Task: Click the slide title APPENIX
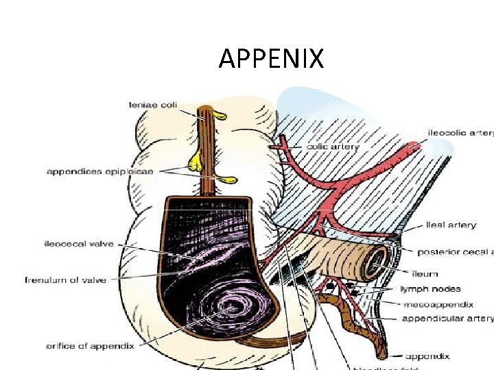point(271,59)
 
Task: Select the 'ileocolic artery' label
point(460,132)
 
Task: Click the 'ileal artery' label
point(451,225)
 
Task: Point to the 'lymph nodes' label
point(430,289)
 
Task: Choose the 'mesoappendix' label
point(438,304)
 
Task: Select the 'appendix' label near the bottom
point(427,356)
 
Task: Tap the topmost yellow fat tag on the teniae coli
point(218,114)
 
